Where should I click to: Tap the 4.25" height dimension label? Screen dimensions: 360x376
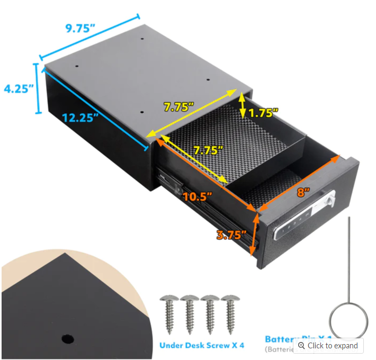19,88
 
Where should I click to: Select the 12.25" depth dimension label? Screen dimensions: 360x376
80,118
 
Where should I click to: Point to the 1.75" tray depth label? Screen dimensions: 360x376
263,113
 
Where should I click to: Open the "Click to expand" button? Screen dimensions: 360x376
328,346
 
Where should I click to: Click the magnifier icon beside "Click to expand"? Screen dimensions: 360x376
301,346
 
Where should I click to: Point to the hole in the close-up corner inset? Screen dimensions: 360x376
67,338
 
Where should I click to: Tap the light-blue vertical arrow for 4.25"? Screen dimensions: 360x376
37,88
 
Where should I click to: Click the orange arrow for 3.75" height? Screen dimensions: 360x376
256,233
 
